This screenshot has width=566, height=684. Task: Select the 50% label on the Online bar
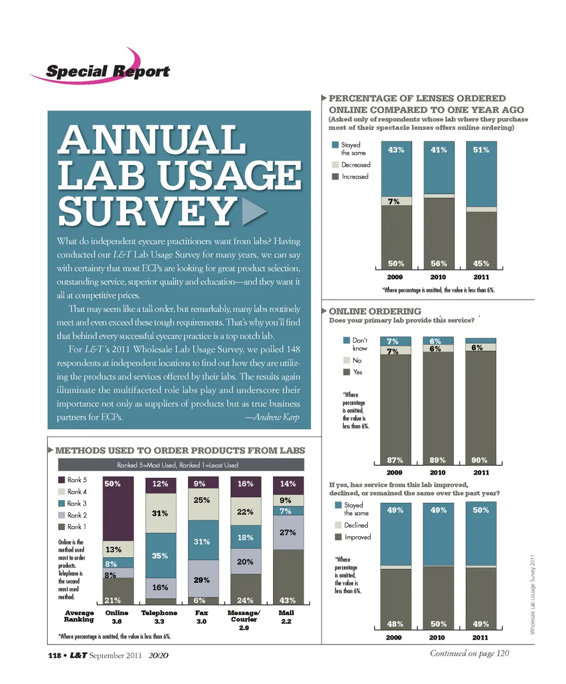[x=113, y=484]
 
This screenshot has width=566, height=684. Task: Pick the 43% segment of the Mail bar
[x=287, y=600]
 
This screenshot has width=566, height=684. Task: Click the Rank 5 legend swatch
[x=61, y=480]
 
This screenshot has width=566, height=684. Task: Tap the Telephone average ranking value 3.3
[x=159, y=621]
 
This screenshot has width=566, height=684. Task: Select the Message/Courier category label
[x=244, y=616]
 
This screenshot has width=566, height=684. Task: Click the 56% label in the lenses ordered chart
[x=438, y=264]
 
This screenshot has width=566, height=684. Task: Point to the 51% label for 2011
[x=481, y=150]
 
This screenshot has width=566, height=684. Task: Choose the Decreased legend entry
[x=356, y=165]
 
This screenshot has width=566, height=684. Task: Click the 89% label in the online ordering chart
[x=438, y=459]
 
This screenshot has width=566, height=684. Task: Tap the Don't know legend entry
[x=359, y=344]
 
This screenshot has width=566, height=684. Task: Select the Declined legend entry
[x=356, y=525]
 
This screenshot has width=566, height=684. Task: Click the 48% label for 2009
[x=396, y=623]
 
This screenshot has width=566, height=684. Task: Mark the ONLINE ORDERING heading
[x=375, y=311]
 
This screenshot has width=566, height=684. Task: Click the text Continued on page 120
[x=469, y=652]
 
